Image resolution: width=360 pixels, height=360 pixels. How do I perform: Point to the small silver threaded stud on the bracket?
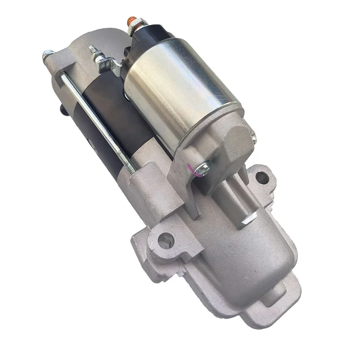[x=94, y=50]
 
